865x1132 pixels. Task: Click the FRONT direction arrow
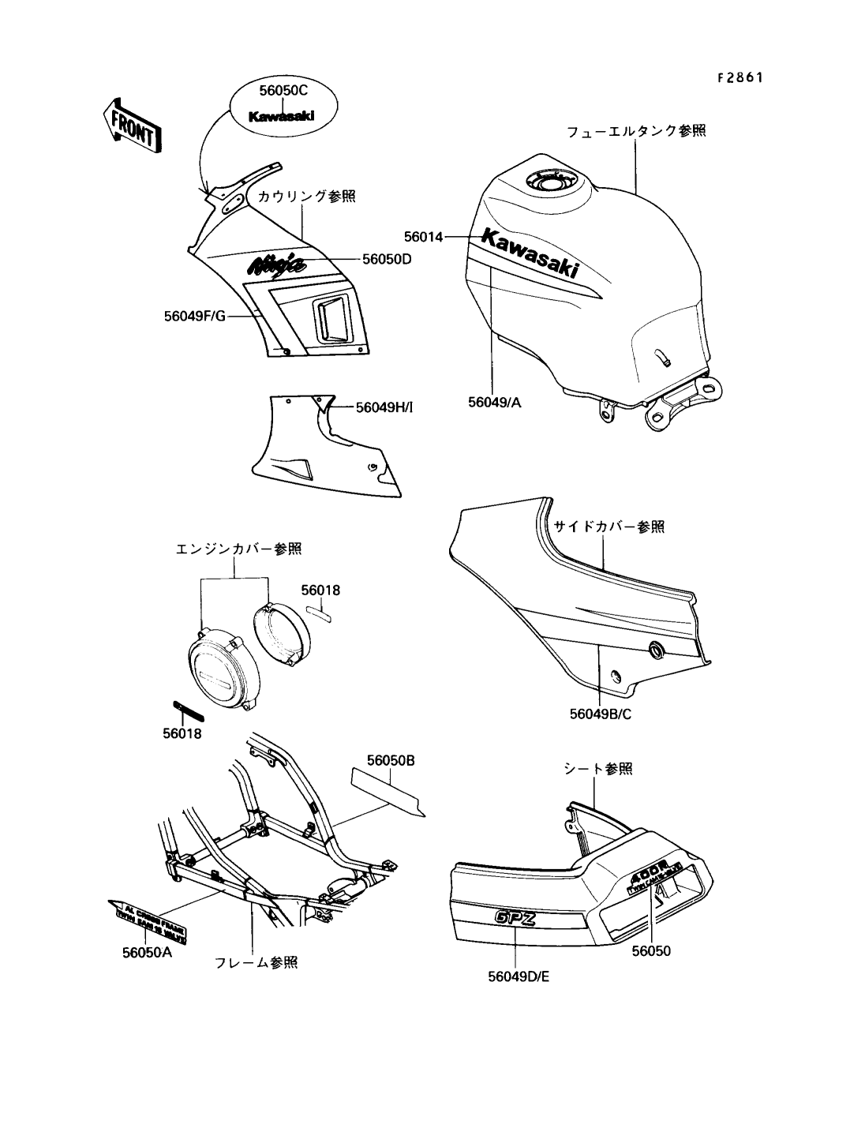[x=131, y=126]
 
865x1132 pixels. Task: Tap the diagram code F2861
[x=740, y=77]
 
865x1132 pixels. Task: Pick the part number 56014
[x=424, y=236]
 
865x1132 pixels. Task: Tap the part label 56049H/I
[x=384, y=407]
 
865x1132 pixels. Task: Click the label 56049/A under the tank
[x=495, y=402]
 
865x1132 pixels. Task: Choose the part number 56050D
[x=387, y=258]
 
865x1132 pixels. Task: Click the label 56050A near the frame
[x=147, y=952]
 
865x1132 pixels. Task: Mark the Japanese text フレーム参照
[x=257, y=962]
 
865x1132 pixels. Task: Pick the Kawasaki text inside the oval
[x=282, y=116]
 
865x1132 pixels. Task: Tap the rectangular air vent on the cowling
[x=331, y=318]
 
